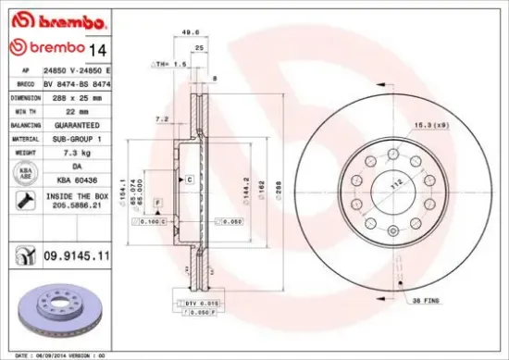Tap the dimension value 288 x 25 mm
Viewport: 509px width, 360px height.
click(x=72, y=96)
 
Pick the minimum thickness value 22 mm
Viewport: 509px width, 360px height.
click(x=66, y=109)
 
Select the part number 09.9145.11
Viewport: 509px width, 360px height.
click(x=79, y=253)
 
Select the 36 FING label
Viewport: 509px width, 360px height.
click(x=425, y=300)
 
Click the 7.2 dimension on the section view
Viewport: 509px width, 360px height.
click(x=163, y=119)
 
